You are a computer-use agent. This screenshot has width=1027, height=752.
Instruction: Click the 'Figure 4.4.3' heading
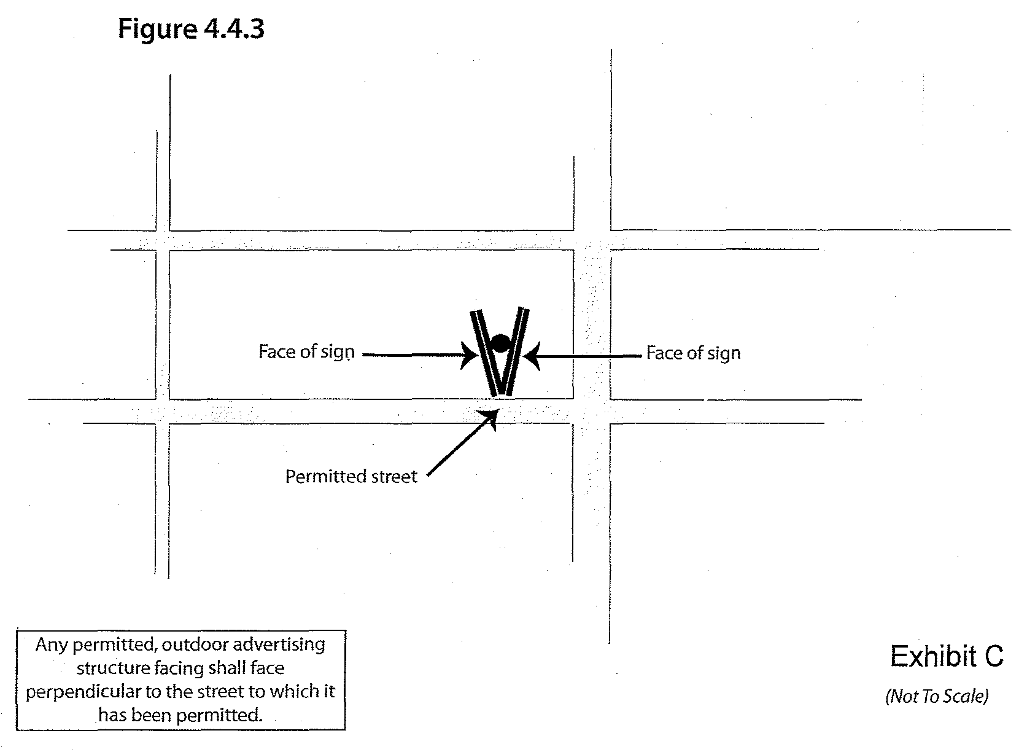191,29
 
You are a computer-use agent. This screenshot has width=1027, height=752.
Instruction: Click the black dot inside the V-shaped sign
500,343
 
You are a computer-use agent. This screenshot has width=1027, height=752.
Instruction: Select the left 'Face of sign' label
306,352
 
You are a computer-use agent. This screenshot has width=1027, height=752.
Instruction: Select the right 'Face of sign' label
693,353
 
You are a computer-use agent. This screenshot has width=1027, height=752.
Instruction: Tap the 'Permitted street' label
351,477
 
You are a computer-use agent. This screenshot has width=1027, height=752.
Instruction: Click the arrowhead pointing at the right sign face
530,356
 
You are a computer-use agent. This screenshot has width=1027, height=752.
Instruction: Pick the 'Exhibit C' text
947,656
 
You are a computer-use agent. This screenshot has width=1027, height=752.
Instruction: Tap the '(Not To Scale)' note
937,696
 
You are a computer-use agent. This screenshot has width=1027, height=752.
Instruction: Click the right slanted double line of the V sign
516,350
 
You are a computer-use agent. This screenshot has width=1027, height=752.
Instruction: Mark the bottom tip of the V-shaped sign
501,393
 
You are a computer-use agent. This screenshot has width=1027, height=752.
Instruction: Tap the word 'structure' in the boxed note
110,668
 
